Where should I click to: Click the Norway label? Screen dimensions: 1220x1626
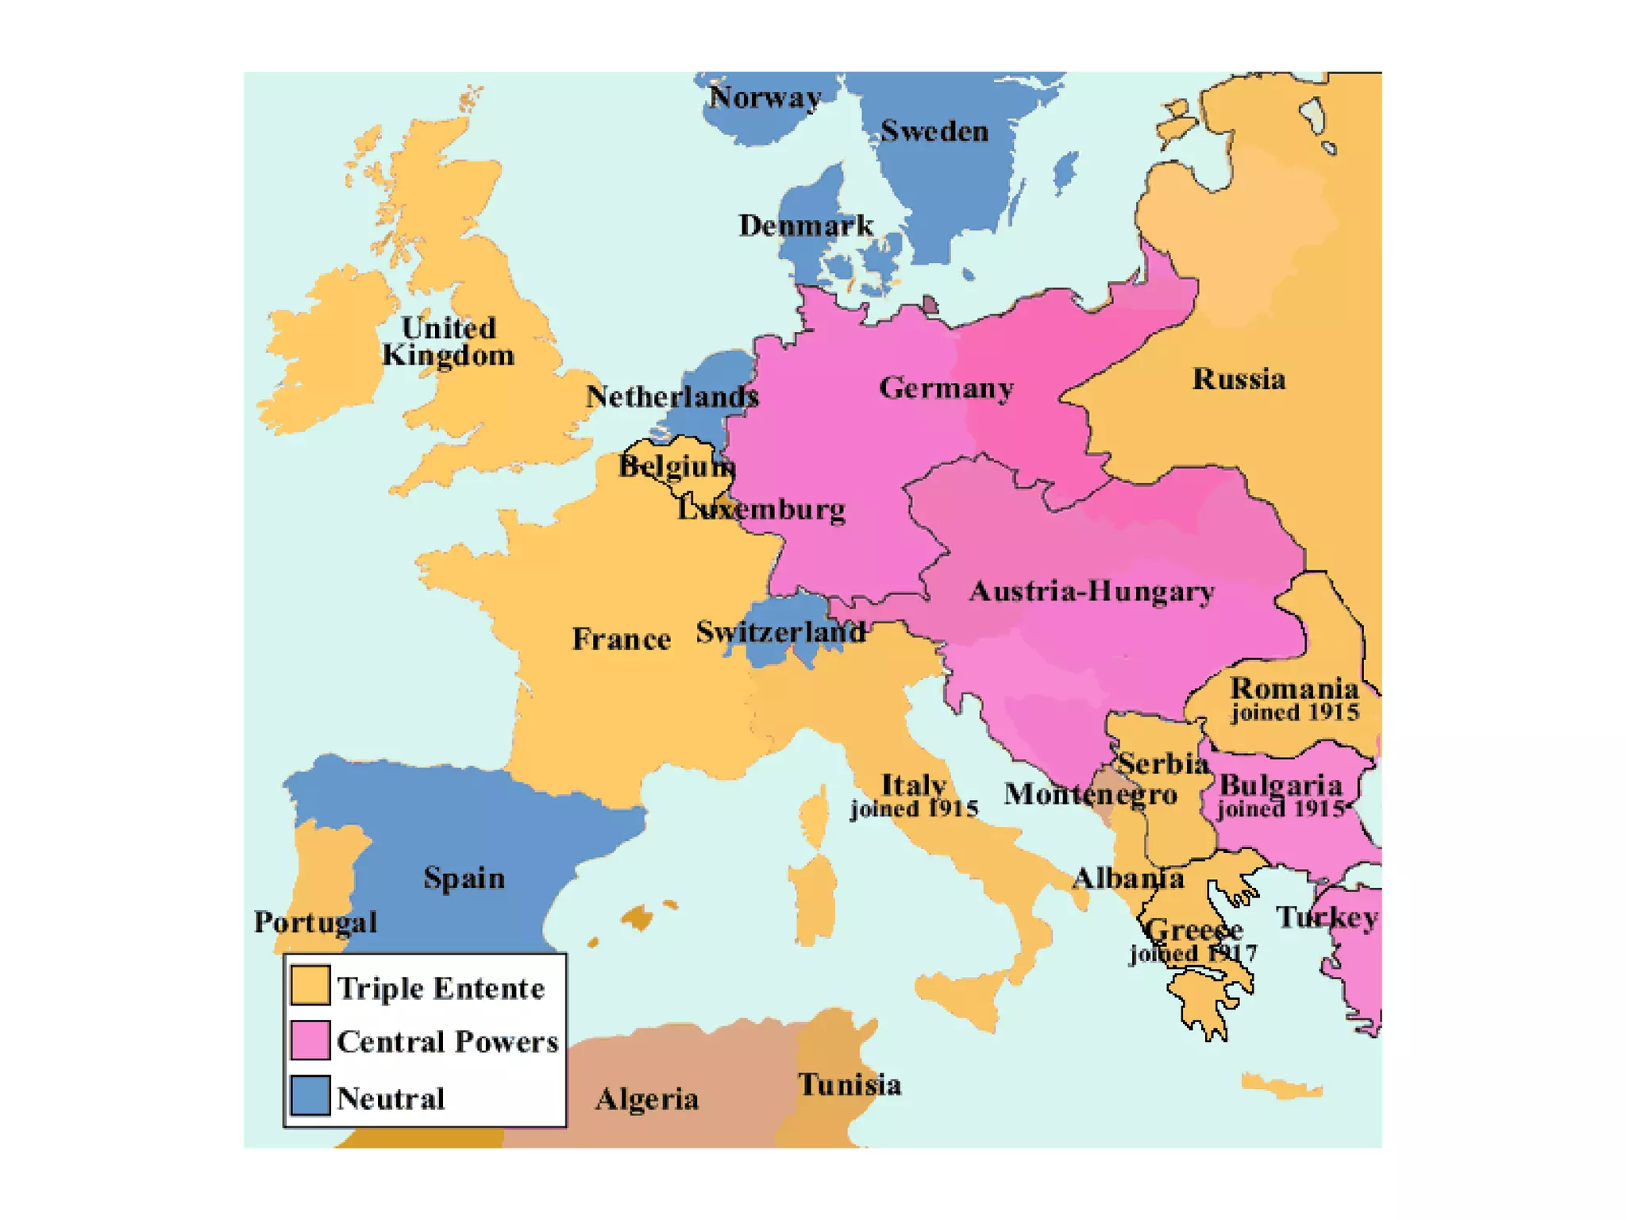click(765, 98)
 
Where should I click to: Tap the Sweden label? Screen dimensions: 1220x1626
click(934, 132)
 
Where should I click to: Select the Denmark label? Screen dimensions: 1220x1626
click(805, 226)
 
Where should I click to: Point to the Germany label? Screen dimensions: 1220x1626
click(946, 388)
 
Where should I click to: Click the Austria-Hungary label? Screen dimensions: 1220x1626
click(1091, 592)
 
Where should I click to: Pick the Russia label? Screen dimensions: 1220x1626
click(1239, 380)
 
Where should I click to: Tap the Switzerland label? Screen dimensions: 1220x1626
click(780, 633)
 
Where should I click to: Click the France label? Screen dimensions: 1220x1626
click(621, 639)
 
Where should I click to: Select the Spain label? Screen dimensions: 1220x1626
click(464, 878)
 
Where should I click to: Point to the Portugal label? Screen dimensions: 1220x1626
click(315, 923)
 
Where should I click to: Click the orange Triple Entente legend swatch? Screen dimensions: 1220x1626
click(310, 985)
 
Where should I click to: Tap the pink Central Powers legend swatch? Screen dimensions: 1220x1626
click(310, 1040)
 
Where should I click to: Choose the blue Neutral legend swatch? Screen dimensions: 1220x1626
click(310, 1096)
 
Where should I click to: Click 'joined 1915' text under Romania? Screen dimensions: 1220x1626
click(1295, 712)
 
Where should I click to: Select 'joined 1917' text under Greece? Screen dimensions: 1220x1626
click(1193, 953)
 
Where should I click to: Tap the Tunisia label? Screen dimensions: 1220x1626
click(849, 1086)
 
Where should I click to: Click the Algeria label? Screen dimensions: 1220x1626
click(647, 1100)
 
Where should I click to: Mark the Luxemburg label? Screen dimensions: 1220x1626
click(761, 510)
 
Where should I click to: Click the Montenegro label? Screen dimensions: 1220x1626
click(1090, 794)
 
